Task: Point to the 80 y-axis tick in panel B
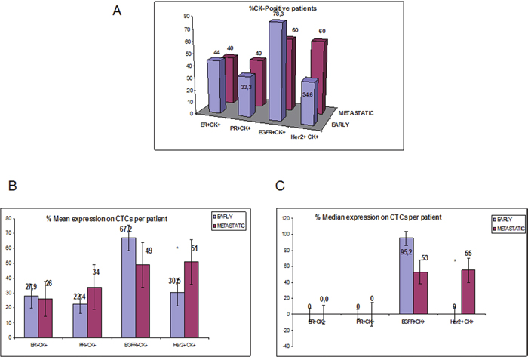tap(10, 219)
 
